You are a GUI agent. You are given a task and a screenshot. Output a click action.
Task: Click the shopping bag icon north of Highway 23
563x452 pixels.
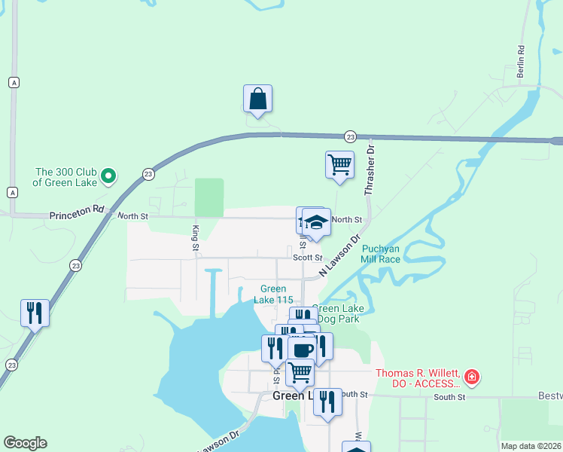[257, 99]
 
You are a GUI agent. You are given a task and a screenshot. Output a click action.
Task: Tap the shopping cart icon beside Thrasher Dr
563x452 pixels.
[340, 164]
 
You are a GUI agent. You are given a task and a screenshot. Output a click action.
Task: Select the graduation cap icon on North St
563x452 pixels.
[317, 222]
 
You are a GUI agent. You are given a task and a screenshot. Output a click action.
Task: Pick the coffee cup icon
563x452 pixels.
[303, 350]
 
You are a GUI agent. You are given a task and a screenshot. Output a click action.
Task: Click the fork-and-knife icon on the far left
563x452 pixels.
[35, 313]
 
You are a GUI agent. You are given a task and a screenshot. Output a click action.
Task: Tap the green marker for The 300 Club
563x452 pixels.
[108, 176]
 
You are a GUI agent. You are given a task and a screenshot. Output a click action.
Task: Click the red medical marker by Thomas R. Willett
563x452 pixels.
[471, 376]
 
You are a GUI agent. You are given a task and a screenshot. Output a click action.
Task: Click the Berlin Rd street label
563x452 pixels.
[520, 61]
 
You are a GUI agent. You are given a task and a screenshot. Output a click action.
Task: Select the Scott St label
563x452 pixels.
[307, 257]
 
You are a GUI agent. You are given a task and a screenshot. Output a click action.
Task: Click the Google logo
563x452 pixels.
[25, 443]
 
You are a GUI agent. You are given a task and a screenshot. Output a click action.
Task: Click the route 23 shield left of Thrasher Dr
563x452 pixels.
[350, 136]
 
